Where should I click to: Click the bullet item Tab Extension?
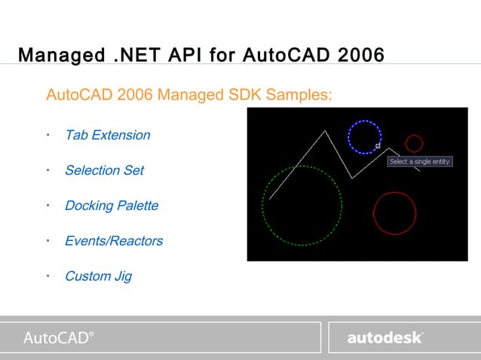tap(107, 136)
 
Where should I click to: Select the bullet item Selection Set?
tap(104, 170)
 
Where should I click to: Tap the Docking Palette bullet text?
tap(112, 206)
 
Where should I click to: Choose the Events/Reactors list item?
tap(114, 241)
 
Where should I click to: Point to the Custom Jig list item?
tap(98, 276)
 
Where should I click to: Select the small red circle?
tap(414, 143)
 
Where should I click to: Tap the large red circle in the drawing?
tap(395, 213)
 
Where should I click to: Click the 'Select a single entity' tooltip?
tap(420, 162)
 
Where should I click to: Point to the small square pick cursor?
tap(378, 146)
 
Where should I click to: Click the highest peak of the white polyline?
tap(325, 131)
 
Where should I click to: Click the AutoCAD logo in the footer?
tap(59, 337)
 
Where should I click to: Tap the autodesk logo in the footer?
tap(385, 338)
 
